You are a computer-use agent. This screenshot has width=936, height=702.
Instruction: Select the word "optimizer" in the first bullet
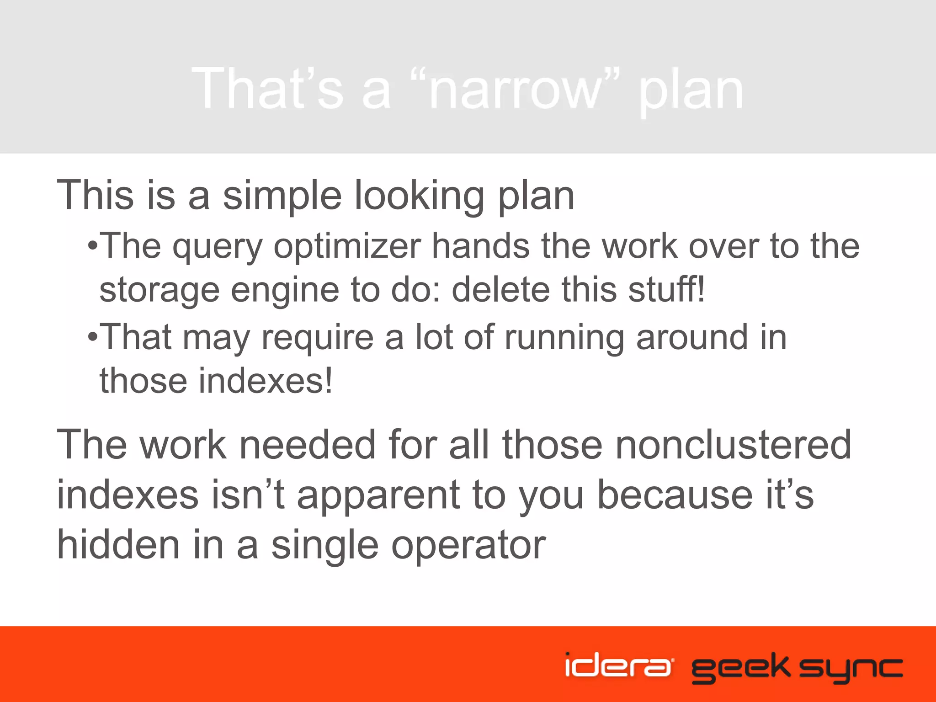[347, 246]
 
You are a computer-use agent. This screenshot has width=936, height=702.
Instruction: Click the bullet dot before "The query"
[93, 247]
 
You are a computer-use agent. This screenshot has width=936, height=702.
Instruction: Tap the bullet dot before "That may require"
[93, 338]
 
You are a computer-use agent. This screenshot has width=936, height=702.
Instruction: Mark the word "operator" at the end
[468, 545]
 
